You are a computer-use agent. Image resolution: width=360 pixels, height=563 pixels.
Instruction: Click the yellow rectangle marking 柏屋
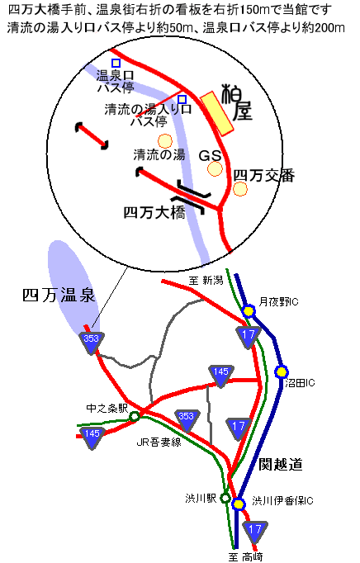point(216,113)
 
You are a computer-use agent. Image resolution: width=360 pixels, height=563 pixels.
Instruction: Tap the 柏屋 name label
point(236,102)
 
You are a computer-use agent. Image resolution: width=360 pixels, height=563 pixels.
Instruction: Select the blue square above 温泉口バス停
point(116,64)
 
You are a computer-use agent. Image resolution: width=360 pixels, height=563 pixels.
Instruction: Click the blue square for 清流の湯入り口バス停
point(182,99)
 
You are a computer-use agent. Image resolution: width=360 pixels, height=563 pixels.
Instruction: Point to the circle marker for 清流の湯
point(165,141)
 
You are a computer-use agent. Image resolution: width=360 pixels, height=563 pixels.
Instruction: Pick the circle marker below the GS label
point(215,168)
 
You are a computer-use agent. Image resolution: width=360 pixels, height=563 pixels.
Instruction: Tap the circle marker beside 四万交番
point(240,189)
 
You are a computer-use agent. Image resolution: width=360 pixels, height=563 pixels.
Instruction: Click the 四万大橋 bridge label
point(154,212)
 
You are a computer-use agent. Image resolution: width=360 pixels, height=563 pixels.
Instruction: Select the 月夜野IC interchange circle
point(249,311)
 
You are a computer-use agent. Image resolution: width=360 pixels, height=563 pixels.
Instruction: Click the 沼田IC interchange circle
point(282,372)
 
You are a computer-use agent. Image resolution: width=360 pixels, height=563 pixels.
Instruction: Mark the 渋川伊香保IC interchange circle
point(238,504)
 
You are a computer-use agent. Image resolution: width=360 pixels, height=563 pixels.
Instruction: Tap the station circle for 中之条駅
point(135,417)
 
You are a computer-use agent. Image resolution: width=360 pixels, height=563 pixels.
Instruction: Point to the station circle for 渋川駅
point(225,498)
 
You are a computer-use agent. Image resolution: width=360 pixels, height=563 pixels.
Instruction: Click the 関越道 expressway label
point(281,464)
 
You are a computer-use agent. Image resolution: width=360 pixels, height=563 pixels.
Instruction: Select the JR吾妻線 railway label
point(159,442)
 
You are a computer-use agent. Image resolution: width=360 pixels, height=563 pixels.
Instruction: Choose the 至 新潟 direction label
point(206,280)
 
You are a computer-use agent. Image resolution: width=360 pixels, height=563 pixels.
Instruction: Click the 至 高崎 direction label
point(246,557)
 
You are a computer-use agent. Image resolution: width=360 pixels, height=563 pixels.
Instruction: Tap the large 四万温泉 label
point(59,296)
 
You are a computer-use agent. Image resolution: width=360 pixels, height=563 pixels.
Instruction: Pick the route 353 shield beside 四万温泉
point(92,343)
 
